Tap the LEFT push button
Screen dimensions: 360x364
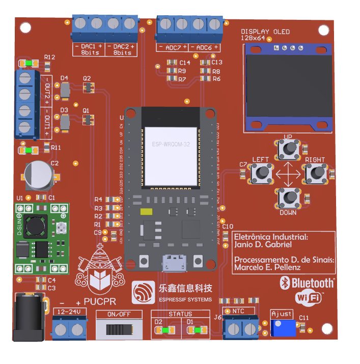(261, 174)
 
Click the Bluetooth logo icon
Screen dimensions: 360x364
(286, 283)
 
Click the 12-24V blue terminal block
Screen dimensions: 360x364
(69, 328)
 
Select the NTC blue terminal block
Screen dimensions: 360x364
(242, 329)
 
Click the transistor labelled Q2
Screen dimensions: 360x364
(88, 89)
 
